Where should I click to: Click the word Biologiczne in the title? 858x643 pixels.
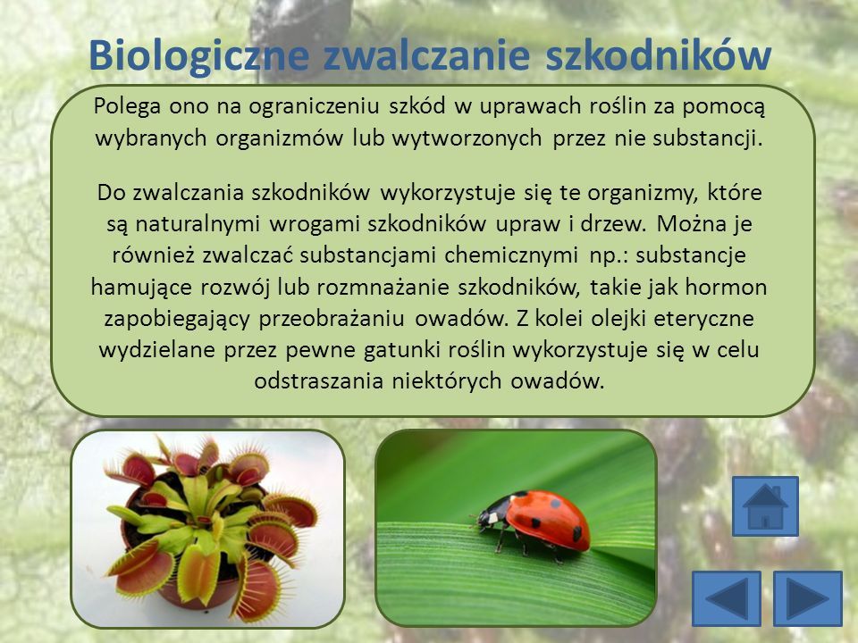pyautogui.click(x=199, y=56)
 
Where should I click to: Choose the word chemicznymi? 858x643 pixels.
pyautogui.click(x=511, y=256)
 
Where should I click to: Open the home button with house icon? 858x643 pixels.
pyautogui.click(x=765, y=505)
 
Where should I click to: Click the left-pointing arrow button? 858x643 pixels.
pyautogui.click(x=726, y=598)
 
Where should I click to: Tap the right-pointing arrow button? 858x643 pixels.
pyautogui.click(x=808, y=598)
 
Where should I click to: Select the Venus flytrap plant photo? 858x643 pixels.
pyautogui.click(x=208, y=529)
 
